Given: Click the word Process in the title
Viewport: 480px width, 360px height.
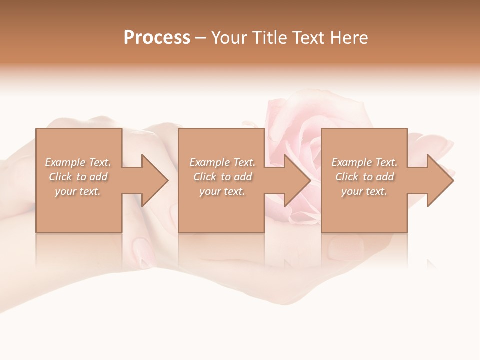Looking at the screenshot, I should pos(157,38).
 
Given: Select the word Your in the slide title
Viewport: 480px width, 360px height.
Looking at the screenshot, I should pos(229,38).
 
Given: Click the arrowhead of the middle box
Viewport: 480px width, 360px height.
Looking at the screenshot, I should pos(296,180).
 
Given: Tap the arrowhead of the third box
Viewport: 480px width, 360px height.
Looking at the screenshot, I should pos(439,180).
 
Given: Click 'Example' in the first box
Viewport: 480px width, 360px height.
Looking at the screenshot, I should pos(65,162).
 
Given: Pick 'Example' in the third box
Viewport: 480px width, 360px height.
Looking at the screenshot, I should pos(352,162).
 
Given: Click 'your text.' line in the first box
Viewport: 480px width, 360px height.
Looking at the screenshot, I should pos(78,191).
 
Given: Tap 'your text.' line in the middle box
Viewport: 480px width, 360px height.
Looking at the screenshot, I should pos(222,191).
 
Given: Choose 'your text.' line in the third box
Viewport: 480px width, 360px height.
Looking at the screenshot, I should pos(364,191).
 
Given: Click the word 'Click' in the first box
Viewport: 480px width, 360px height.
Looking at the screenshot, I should pos(61,177).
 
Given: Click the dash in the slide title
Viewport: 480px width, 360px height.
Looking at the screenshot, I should pos(200,38).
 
